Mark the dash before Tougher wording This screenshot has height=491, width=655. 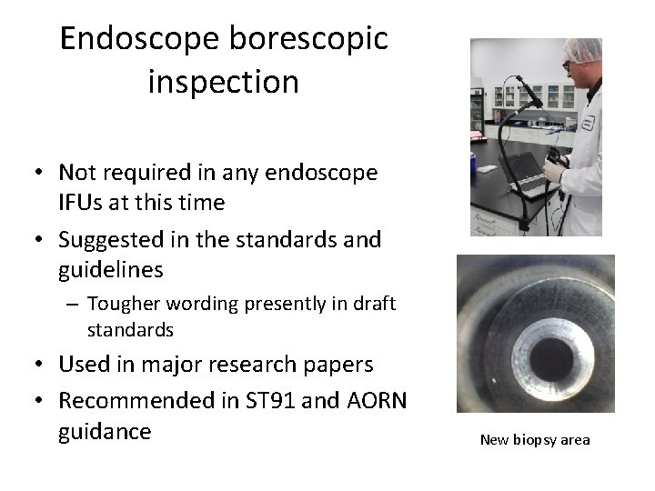pos(74,304)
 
